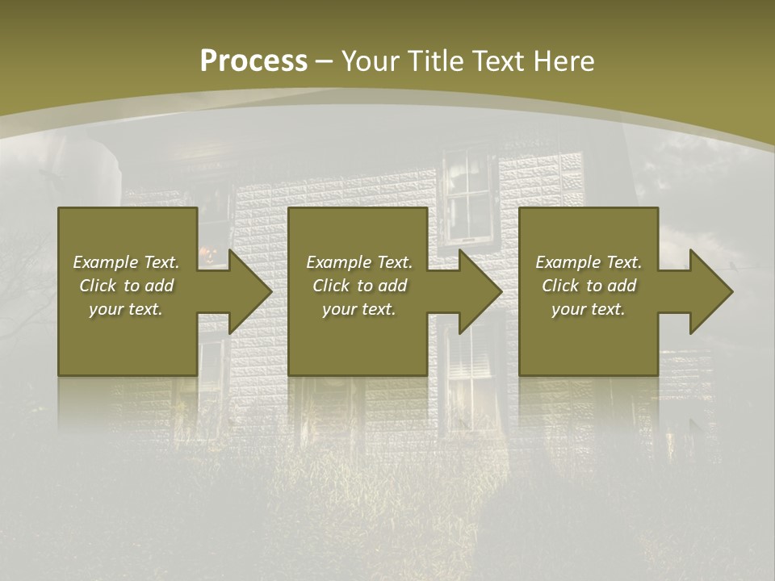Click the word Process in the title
[x=253, y=61]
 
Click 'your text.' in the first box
[x=126, y=309]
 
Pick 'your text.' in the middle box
[x=358, y=309]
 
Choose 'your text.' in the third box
[x=589, y=309]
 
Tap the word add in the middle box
[x=392, y=286]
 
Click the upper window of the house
[x=468, y=194]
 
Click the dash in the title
[x=325, y=61]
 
